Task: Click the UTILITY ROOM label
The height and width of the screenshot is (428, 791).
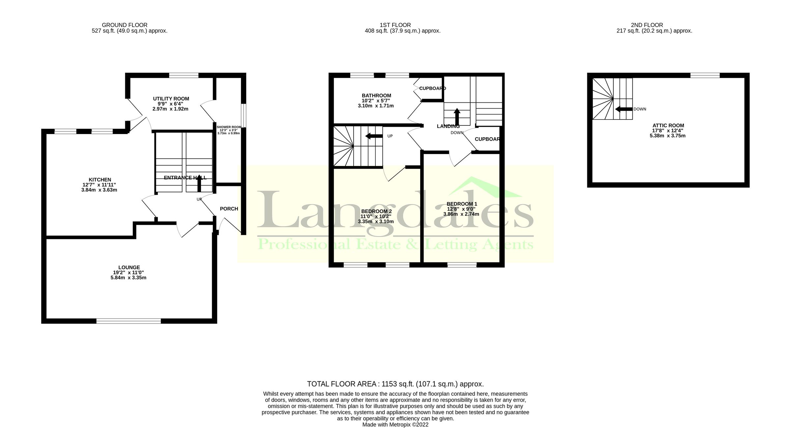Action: point(171,99)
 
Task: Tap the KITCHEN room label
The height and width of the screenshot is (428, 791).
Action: point(100,180)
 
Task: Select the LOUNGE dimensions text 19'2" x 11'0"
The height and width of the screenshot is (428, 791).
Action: point(128,273)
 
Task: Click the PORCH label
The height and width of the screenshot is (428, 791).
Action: point(229,209)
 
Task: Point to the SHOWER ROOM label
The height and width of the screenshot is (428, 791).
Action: point(229,127)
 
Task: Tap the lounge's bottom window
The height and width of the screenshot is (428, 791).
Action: point(129,321)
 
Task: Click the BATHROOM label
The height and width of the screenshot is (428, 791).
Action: point(376,95)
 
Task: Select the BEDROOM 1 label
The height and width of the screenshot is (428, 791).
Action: point(461,204)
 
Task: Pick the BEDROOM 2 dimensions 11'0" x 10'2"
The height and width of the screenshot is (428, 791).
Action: point(376,216)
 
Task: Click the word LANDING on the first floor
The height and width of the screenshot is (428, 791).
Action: point(448,126)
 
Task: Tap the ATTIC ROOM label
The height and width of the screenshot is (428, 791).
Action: point(668,125)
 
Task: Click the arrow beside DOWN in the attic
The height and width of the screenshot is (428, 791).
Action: point(624,109)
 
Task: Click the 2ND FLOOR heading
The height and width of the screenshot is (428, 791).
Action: point(647,25)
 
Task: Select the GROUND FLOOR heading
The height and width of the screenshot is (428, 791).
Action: point(125,25)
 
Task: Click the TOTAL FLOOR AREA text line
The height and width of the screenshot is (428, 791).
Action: point(395,384)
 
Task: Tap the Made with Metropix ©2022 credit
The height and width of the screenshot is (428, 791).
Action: point(395,425)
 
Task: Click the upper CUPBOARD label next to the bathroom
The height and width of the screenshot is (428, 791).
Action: point(432,88)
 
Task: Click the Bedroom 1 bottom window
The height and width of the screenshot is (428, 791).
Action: point(462,265)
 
